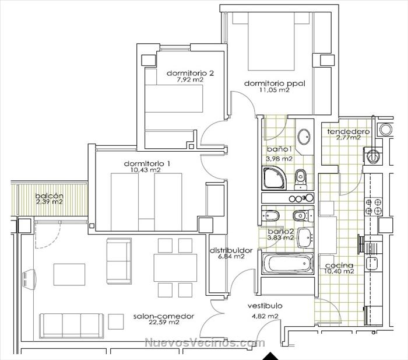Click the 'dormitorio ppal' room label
(x=275, y=83)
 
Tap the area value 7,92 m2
(x=190, y=80)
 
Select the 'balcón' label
(x=49, y=195)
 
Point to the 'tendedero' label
(x=348, y=131)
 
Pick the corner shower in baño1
(x=275, y=178)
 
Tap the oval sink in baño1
(x=304, y=137)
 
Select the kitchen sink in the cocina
(x=372, y=263)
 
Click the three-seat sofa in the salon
(x=71, y=326)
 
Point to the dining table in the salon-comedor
(x=175, y=268)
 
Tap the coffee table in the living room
(x=69, y=274)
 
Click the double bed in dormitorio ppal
(x=272, y=41)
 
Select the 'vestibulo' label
(x=265, y=306)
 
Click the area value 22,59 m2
(x=164, y=322)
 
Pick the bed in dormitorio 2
(x=174, y=99)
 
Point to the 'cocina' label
(x=339, y=265)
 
